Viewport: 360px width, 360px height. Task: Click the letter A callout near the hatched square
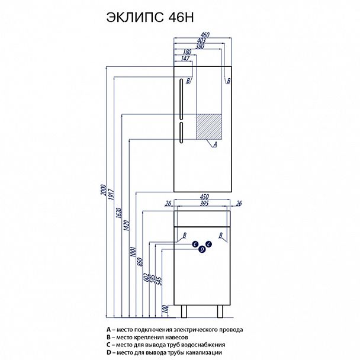214,143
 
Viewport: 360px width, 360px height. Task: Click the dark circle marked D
202,250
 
